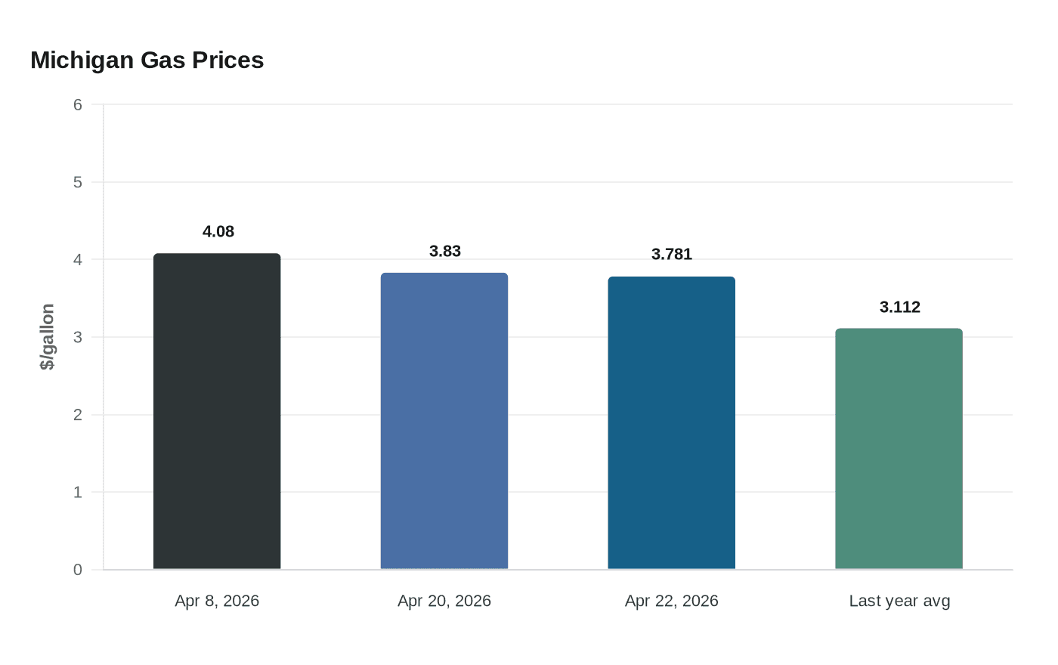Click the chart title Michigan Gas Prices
[x=147, y=60]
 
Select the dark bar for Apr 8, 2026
[x=217, y=412]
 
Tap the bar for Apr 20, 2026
[x=444, y=421]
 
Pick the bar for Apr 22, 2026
[x=671, y=423]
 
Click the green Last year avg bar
[x=899, y=449]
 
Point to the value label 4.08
[x=218, y=232]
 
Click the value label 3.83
[x=445, y=252]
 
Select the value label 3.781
[x=672, y=255]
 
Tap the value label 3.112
[x=899, y=308]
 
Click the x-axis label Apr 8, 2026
[x=217, y=601]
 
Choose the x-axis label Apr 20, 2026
[x=444, y=601]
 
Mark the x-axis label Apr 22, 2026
[x=671, y=601]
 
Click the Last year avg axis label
[x=899, y=601]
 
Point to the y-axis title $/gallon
[x=48, y=337]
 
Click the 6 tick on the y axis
[x=78, y=105]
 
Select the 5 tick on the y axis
[x=78, y=182]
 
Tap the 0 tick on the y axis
[x=78, y=570]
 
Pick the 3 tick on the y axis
[x=78, y=337]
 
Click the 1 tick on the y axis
[x=78, y=493]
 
